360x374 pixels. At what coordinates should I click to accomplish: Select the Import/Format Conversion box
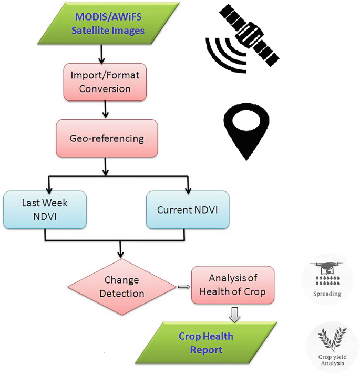click(105, 82)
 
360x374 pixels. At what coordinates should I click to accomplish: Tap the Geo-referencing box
click(106, 138)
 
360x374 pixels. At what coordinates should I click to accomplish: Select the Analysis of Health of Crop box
click(233, 285)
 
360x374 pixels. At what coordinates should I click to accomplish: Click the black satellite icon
click(243, 40)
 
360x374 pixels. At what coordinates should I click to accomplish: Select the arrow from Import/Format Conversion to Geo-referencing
click(106, 109)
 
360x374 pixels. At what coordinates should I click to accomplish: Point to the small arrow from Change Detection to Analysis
click(183, 287)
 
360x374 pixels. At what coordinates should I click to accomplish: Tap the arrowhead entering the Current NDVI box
click(188, 188)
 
